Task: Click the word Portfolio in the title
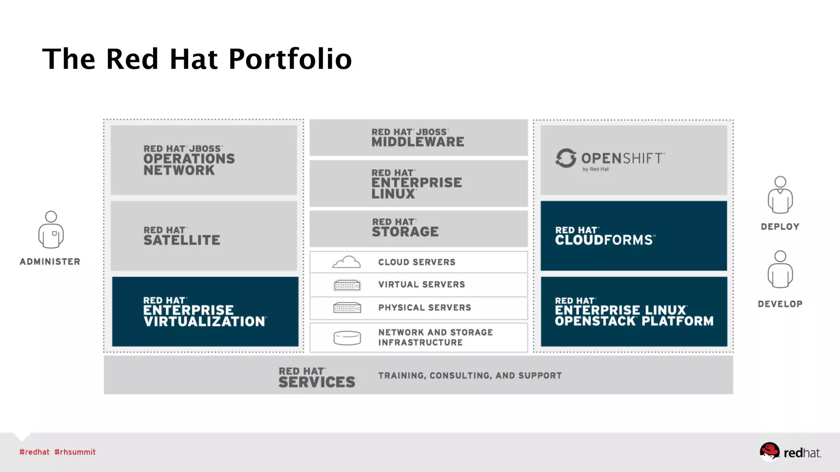pos(290,59)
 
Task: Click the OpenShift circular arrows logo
pos(566,158)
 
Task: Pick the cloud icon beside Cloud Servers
pos(347,262)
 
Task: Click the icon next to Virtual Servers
pos(347,285)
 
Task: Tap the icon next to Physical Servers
pos(347,308)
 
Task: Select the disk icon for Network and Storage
pos(347,338)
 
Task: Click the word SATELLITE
pos(182,240)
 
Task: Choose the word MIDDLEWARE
pos(418,142)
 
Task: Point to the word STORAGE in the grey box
pos(405,232)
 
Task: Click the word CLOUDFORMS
pos(604,240)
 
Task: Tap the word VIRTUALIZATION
pos(204,322)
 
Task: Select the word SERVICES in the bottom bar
pos(317,382)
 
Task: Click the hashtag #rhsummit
pos(75,452)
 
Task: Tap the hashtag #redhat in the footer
pos(34,452)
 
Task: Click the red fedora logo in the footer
pos(769,452)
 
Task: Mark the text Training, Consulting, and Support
pos(470,376)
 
